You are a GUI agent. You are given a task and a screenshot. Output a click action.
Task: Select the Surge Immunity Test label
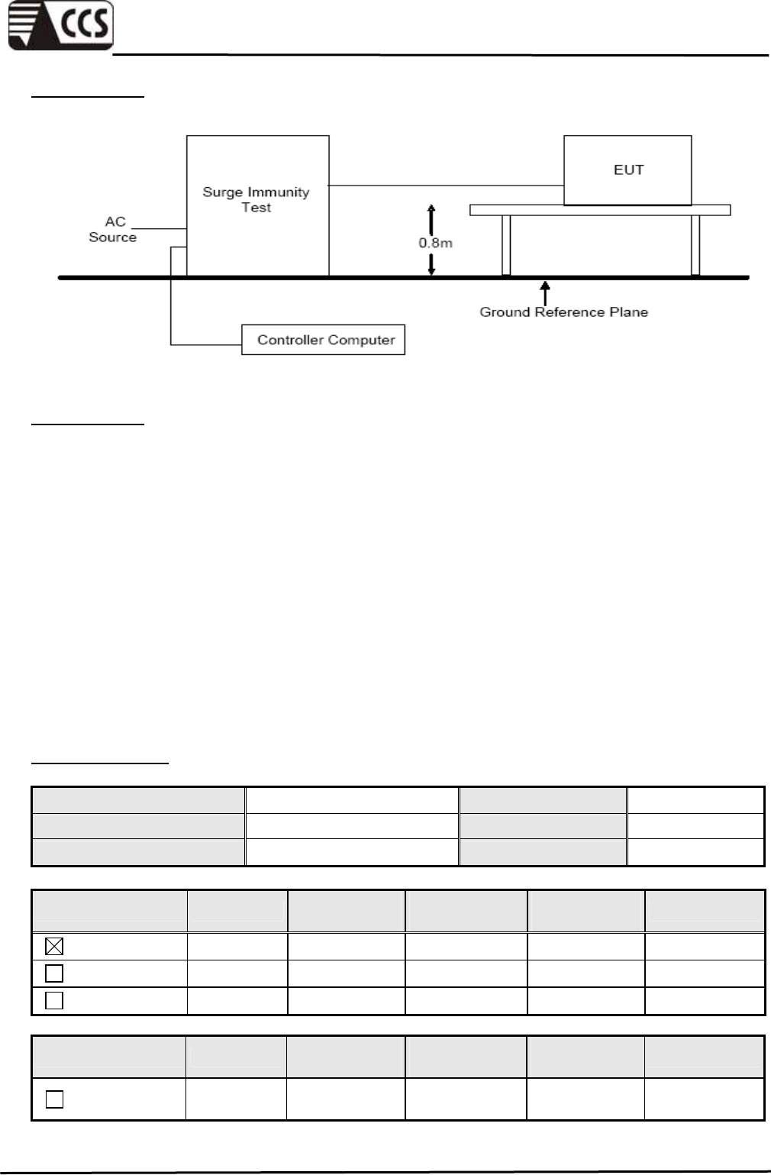256,199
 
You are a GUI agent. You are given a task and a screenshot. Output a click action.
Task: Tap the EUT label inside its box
628,169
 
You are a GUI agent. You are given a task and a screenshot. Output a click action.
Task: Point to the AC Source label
113,229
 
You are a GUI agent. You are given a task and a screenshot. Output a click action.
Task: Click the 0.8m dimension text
435,243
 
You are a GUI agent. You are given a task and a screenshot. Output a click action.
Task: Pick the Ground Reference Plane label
563,312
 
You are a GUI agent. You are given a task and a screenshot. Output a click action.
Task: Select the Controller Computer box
323,340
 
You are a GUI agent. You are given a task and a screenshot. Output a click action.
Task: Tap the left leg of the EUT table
505,245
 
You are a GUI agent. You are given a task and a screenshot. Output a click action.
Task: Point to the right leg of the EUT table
695,245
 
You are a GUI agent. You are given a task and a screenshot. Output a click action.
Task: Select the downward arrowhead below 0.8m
431,269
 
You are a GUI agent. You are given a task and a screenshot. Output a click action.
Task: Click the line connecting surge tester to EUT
446,185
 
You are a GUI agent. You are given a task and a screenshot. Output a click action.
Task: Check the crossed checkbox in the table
54,947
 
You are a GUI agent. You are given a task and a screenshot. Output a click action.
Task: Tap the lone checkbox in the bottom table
54,1099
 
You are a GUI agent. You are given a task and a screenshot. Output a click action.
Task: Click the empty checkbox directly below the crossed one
54,973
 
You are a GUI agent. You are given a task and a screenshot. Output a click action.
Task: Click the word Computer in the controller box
360,340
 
